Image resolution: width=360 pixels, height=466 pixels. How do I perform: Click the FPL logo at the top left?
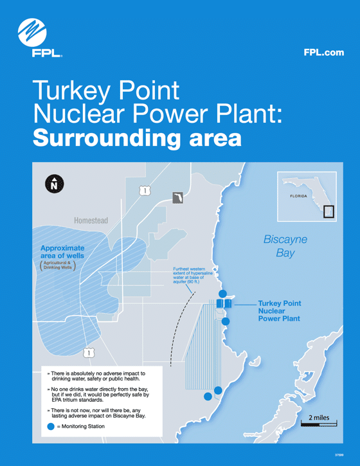(x=32, y=37)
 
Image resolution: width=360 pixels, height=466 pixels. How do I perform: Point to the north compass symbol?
(x=54, y=184)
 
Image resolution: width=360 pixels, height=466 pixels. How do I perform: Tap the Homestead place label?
(x=91, y=220)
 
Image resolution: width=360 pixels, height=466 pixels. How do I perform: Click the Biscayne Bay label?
(x=285, y=246)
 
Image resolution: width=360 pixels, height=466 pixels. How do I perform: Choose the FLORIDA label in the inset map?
(x=299, y=196)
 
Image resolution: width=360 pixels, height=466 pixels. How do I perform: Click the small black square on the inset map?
(x=328, y=211)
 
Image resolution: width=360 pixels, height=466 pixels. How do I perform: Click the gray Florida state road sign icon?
(x=178, y=197)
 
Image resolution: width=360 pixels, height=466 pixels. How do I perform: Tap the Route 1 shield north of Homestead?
(x=145, y=190)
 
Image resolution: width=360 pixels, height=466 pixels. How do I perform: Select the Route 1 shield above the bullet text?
(x=89, y=352)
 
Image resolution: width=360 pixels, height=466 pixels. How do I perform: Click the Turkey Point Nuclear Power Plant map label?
(x=279, y=310)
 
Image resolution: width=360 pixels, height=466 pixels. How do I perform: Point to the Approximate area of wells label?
(x=62, y=252)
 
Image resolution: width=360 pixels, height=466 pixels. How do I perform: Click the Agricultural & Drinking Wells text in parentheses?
(x=57, y=265)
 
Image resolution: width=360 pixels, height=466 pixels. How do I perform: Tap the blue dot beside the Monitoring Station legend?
(x=51, y=426)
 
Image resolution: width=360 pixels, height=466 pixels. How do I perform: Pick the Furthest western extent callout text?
(x=194, y=274)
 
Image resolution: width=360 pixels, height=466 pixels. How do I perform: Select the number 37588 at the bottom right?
(x=339, y=455)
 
